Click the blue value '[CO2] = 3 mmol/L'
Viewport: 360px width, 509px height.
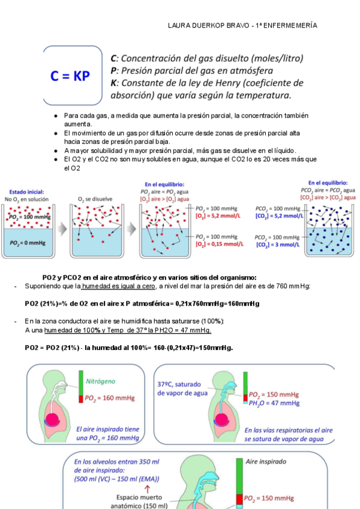(277, 244)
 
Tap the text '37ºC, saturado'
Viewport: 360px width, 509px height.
(181, 384)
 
